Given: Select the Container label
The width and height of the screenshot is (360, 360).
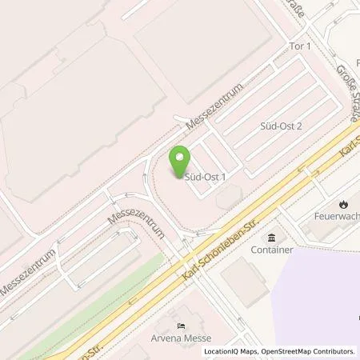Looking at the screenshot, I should [270, 250].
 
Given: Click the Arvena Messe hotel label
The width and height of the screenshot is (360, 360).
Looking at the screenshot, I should [182, 338].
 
